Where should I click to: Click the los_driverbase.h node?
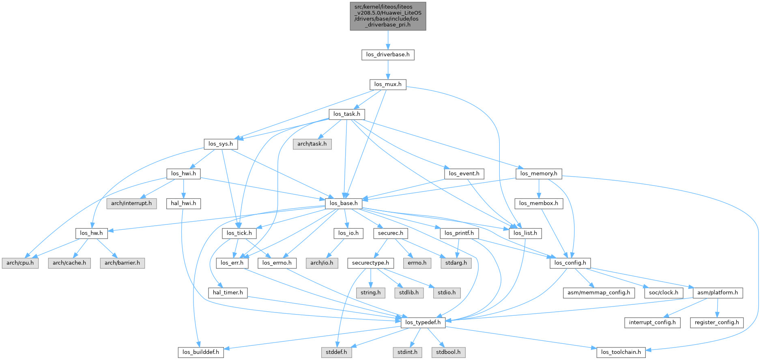(387, 54)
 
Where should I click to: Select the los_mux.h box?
(387, 84)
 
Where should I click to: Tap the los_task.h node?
(346, 114)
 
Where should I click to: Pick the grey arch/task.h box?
(312, 144)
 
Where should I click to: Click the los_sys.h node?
(220, 144)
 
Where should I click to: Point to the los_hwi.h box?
(183, 174)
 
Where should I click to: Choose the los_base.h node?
(344, 203)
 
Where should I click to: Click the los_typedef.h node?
(423, 322)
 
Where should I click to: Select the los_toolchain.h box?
(621, 352)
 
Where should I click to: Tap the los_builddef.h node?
(200, 352)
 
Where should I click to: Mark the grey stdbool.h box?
(448, 352)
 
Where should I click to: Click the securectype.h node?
(370, 263)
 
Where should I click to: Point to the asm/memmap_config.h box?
(599, 293)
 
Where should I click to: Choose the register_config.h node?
(716, 322)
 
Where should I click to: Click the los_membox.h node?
(538, 203)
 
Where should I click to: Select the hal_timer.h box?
(228, 293)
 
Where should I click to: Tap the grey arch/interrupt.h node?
(131, 203)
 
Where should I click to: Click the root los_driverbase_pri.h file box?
(388, 16)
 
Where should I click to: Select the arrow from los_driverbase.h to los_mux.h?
(388, 69)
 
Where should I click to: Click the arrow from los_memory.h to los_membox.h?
(539, 188)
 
